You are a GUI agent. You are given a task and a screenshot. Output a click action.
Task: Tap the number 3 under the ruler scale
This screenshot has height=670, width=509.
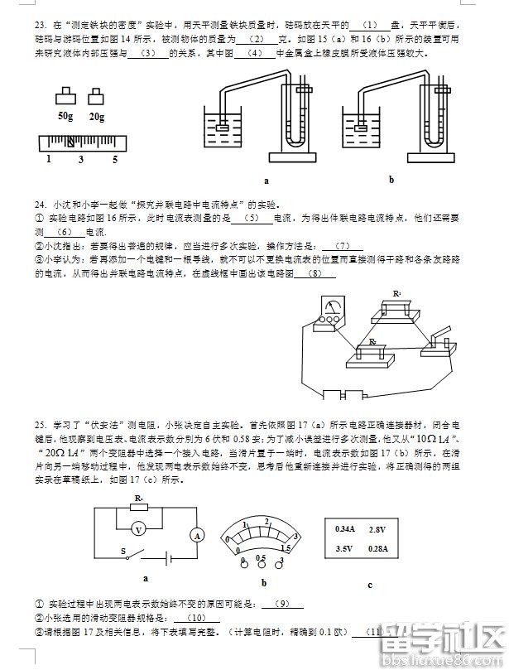pos(81,159)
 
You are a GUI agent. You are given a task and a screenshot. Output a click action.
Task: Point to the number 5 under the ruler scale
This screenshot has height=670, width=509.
pos(115,159)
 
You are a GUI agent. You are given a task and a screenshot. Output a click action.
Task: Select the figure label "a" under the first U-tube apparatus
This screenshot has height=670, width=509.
pos(267,180)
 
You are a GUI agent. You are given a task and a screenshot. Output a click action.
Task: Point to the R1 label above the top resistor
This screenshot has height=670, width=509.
pos(398,294)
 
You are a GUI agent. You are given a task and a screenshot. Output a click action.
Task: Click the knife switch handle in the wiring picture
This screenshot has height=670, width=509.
pos(438,335)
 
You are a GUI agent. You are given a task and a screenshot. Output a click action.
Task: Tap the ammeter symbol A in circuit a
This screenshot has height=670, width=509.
pos(198,536)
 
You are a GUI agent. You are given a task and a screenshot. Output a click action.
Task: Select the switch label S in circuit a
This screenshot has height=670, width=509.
pos(124,552)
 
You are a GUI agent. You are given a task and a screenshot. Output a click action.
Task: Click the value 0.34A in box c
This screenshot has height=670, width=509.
pos(344,528)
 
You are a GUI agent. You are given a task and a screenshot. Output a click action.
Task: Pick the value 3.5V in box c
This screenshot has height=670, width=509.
pos(344,548)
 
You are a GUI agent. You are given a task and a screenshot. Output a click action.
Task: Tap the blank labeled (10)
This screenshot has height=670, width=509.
pos(198,618)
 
